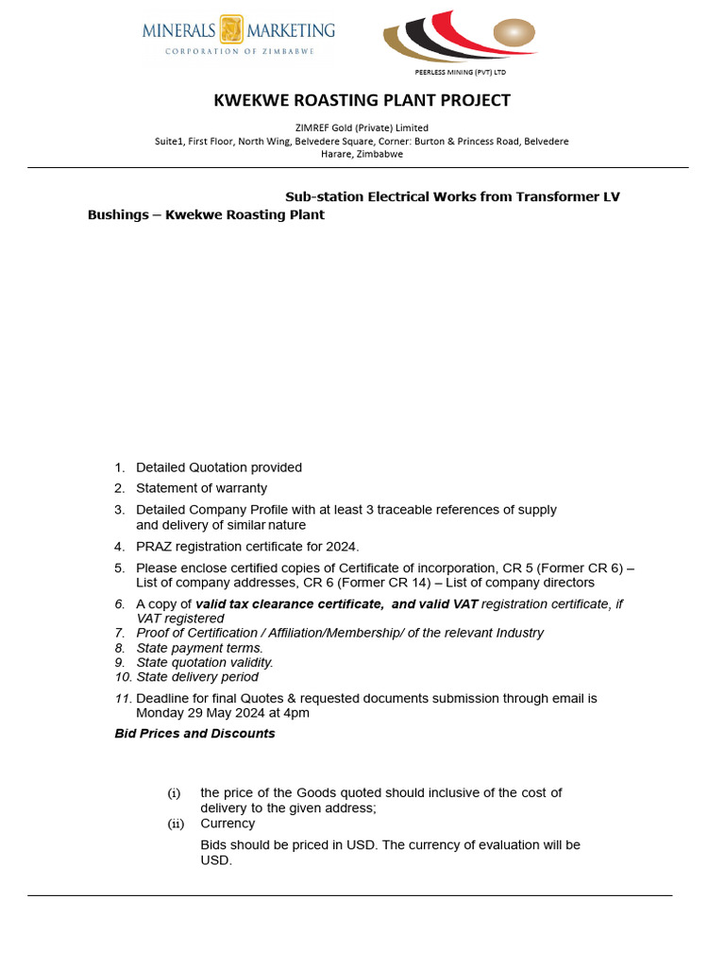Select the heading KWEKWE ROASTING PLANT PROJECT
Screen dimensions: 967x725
pos(362,100)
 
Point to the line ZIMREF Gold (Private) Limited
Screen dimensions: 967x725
pos(362,127)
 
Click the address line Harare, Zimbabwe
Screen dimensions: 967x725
pos(362,154)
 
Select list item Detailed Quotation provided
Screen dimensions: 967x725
pos(219,467)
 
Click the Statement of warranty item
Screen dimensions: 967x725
pos(201,488)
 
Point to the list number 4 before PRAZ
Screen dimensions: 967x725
pos(119,547)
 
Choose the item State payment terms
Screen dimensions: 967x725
pos(199,648)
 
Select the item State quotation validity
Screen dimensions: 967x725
pos(205,662)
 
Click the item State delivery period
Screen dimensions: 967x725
pos(197,677)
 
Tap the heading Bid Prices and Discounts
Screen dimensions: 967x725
pos(194,734)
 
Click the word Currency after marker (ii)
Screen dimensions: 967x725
pos(228,823)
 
